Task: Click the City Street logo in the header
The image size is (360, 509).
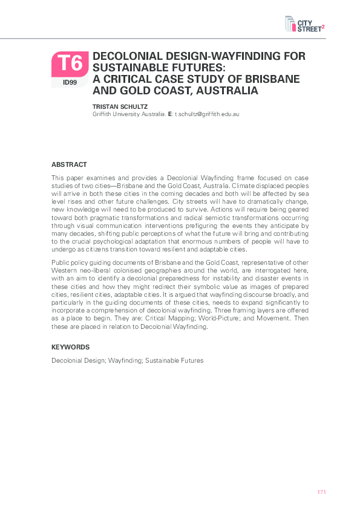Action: click(305, 24)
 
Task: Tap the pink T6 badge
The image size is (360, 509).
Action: click(70, 63)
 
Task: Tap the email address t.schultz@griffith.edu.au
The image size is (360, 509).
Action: click(207, 114)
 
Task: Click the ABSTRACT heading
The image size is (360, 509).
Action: click(69, 164)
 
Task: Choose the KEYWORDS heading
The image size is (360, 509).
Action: click(70, 347)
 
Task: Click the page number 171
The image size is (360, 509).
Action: click(322, 492)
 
